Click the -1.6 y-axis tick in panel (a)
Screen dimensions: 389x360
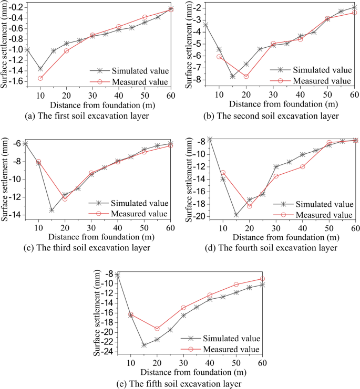pyautogui.click(x=14, y=81)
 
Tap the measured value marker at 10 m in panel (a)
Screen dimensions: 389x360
pyautogui.click(x=40, y=78)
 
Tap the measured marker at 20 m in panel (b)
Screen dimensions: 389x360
pyautogui.click(x=246, y=77)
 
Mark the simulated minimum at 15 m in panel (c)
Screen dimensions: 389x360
pyautogui.click(x=52, y=210)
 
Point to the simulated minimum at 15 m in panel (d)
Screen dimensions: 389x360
pyautogui.click(x=236, y=215)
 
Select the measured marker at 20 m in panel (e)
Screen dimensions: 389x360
pyautogui.click(x=157, y=329)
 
